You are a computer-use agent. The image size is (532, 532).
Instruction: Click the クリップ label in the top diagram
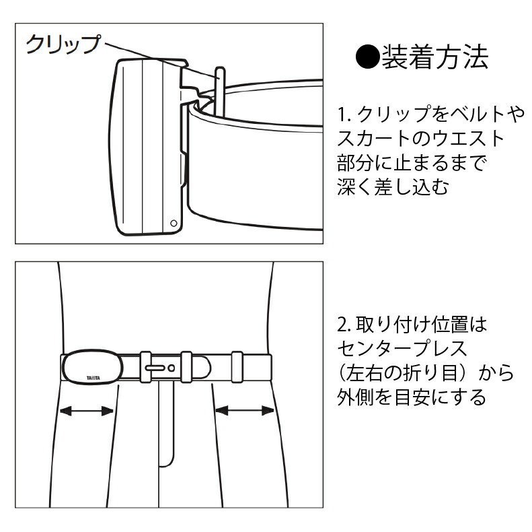[63, 44]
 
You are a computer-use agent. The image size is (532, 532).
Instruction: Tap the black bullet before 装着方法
[368, 57]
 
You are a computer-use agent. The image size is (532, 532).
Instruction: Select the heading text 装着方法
[435, 57]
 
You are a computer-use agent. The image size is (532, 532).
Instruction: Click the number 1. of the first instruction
[345, 114]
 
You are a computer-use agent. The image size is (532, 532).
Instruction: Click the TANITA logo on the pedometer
[93, 378]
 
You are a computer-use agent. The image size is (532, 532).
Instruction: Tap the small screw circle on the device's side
[174, 223]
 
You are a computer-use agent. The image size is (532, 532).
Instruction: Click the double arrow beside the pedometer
[87, 411]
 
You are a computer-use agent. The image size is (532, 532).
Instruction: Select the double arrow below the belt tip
[245, 411]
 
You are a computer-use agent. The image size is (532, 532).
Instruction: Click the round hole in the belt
[172, 368]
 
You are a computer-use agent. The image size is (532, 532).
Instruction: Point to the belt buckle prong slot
[155, 368]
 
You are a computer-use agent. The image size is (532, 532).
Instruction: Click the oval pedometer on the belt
[92, 367]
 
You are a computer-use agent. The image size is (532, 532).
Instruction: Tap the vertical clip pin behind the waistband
[220, 92]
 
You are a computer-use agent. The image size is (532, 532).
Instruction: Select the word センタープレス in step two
[402, 349]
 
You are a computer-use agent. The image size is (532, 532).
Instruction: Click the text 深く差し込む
[393, 187]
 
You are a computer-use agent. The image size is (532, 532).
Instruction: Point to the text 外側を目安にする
[412, 397]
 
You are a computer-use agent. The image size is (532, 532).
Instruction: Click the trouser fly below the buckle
[167, 424]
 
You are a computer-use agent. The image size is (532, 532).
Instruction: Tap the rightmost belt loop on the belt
[237, 367]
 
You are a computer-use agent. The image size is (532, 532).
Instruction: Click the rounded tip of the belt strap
[207, 367]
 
